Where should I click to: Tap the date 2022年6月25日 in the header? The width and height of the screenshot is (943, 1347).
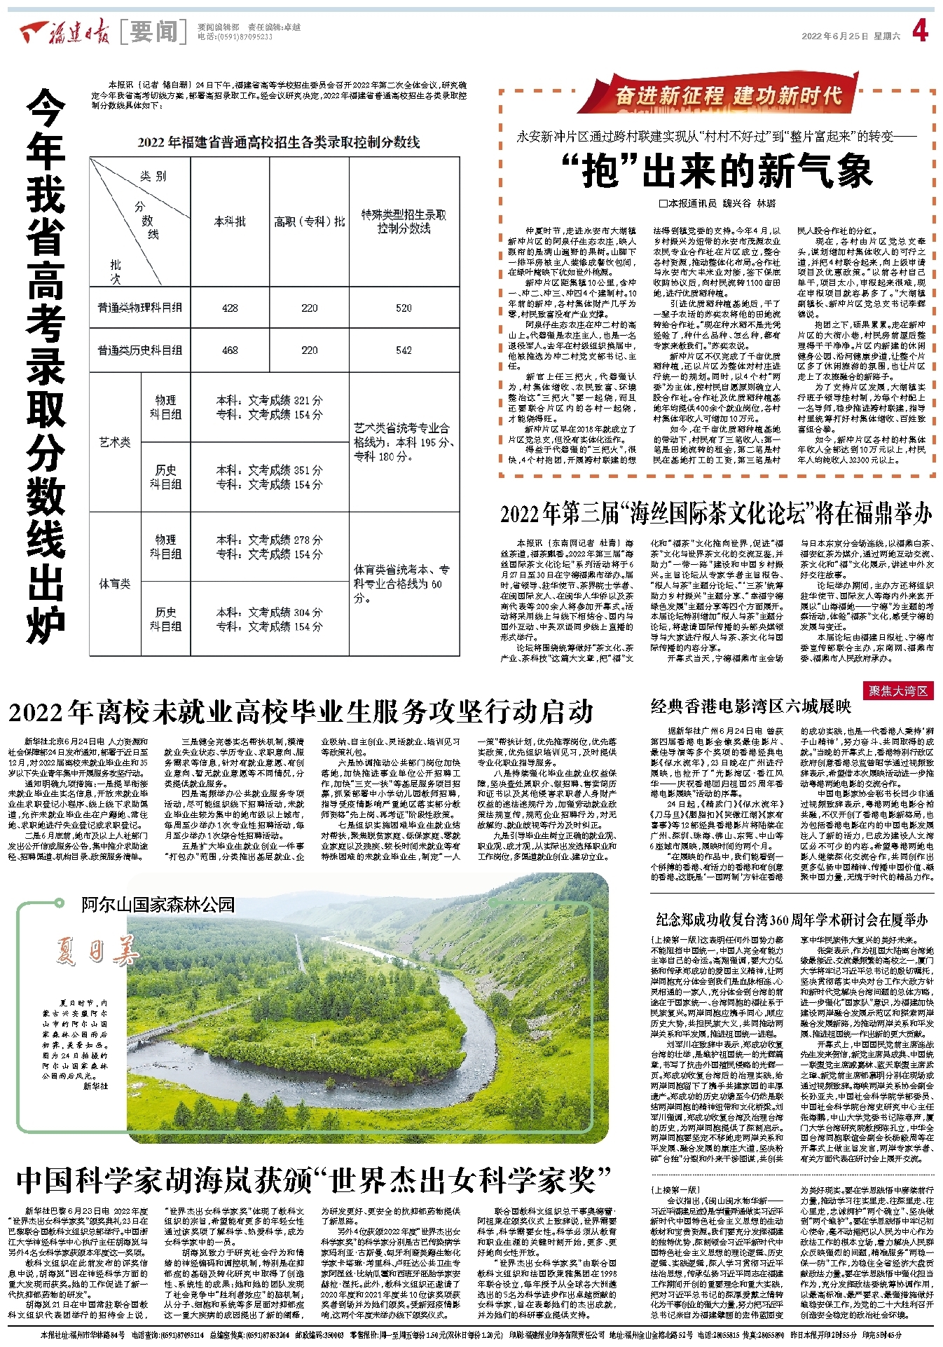tap(834, 36)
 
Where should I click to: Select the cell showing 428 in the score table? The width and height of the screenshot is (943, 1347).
tap(230, 308)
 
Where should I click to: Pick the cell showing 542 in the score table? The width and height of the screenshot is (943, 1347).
tap(404, 350)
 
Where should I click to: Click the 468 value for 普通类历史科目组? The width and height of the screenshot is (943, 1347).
tap(230, 350)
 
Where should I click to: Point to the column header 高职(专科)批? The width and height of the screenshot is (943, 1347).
tap(309, 221)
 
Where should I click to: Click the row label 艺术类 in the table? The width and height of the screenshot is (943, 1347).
tap(115, 442)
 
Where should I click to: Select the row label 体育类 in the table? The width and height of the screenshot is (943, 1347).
tap(115, 583)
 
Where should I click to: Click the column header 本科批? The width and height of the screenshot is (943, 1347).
tap(230, 221)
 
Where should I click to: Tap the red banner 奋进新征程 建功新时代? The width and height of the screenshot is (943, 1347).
tap(728, 95)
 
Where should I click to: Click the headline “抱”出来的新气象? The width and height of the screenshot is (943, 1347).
tap(718, 172)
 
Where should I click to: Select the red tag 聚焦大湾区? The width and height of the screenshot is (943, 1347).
tap(898, 691)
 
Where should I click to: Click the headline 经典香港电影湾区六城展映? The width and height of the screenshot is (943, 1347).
tap(750, 706)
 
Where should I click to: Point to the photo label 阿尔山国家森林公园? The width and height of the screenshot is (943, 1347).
tap(158, 905)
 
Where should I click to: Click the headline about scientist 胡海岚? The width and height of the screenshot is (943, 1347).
tap(313, 1180)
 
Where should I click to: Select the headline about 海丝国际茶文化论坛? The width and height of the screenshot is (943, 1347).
tap(716, 514)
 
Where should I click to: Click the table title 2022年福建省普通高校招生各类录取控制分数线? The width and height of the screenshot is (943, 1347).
tap(278, 142)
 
